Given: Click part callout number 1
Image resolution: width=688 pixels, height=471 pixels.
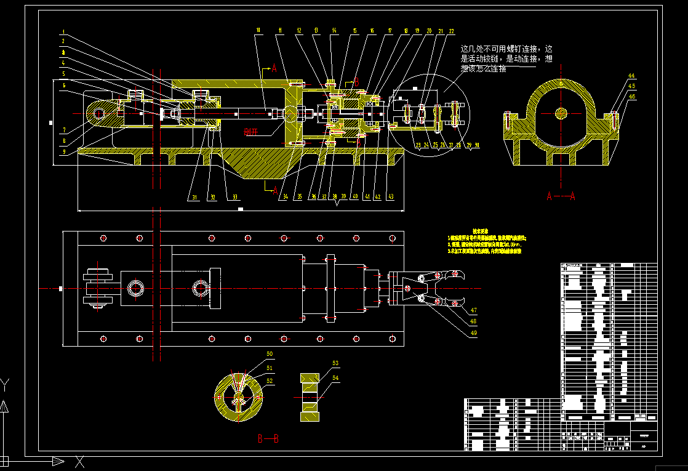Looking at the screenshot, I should point(63,32).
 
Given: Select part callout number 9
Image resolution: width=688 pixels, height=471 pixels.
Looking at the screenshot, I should point(63,151).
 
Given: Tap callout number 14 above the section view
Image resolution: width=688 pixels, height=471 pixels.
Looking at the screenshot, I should point(334,30).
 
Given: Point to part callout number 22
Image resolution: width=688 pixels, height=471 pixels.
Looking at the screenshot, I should point(451,30).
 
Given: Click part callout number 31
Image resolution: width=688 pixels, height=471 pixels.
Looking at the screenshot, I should point(194,198).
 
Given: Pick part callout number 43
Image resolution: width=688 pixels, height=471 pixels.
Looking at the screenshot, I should point(391,197).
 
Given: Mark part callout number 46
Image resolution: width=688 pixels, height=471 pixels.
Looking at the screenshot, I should point(631,97).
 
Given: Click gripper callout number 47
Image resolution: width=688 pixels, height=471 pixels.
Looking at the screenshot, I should point(473,310).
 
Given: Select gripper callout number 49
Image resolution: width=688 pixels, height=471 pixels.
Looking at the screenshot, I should point(473,332).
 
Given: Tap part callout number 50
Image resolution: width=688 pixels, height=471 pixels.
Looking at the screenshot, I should point(270,354).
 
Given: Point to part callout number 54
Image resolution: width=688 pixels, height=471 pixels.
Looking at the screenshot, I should point(335,377).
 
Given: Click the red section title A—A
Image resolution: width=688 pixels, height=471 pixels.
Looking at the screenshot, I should point(560,196).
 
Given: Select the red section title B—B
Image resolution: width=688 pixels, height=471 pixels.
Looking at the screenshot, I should point(268,438).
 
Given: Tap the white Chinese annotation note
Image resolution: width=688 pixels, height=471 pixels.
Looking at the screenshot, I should point(508,58).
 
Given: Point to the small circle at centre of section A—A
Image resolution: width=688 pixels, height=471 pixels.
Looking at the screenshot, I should point(561,113).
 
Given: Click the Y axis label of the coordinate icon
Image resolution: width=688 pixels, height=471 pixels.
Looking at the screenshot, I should point(5,385).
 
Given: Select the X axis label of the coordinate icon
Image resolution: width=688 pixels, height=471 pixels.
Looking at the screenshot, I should point(79,461).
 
